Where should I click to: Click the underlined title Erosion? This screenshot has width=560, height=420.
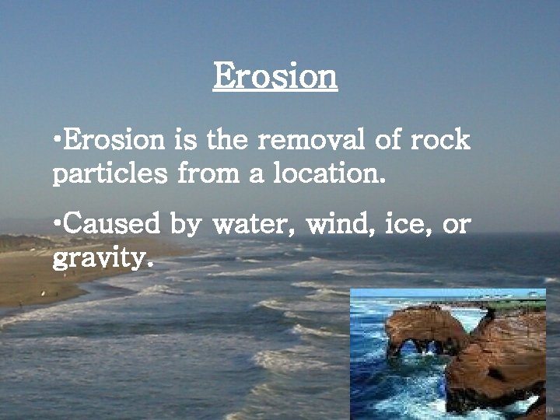tap(275, 76)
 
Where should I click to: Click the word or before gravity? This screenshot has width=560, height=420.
tap(456, 226)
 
